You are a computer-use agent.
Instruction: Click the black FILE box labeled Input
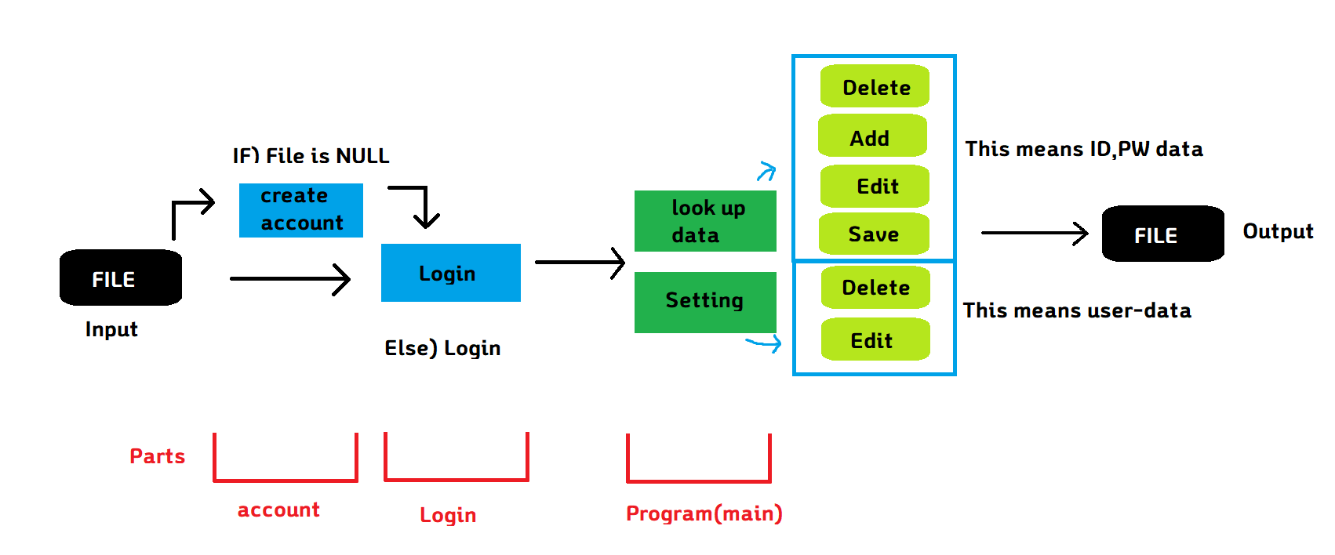pos(121,277)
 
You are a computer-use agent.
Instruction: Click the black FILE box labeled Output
pos(1162,234)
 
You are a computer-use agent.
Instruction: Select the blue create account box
pos(300,210)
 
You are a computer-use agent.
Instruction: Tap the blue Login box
pos(450,273)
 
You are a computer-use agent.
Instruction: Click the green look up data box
pos(705,221)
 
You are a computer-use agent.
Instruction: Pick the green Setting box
pos(705,302)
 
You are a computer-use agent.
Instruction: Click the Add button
pos(872,136)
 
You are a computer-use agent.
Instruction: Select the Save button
pos(874,234)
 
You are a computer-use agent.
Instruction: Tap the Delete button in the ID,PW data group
pos(875,86)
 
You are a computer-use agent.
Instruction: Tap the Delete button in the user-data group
pos(875,287)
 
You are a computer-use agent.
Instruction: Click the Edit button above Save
pos(875,186)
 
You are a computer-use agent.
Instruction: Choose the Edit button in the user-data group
pos(875,339)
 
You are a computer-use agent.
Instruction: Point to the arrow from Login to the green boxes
pos(580,263)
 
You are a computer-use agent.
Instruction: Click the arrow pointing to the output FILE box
pos(1034,233)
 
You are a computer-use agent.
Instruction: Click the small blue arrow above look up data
pos(766,171)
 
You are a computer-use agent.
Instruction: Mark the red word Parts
pos(157,456)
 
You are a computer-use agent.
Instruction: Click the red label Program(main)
pos(704,513)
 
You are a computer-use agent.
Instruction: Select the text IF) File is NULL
pos(311,156)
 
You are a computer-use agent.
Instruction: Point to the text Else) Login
pos(442,348)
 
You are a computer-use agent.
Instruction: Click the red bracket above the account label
pos(286,479)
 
